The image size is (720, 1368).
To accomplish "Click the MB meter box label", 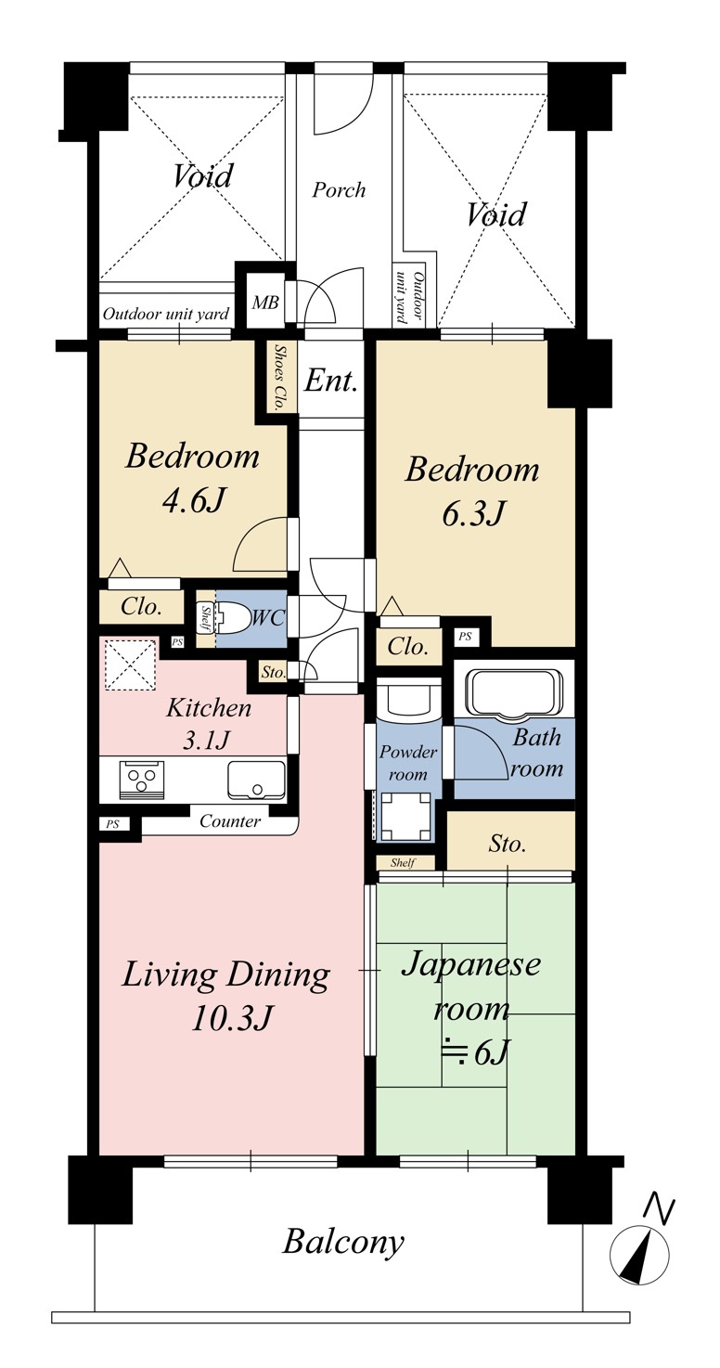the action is point(265,302).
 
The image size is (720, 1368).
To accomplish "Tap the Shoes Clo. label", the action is point(280,378).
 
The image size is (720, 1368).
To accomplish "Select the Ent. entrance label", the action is point(329,381).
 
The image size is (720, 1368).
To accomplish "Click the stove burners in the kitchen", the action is point(142,780).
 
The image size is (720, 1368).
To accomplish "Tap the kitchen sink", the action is point(256,780).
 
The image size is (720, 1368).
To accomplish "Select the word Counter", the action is point(229,821).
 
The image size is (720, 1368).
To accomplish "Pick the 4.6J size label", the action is point(194,500).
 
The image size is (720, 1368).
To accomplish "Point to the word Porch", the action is point(339,190).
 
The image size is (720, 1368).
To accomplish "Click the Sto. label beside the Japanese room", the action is point(507,844).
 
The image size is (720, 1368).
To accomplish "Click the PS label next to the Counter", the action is point(112,824).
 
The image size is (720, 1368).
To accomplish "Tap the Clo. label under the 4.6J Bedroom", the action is point(141,606).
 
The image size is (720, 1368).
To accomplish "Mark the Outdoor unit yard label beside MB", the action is point(165,315).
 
